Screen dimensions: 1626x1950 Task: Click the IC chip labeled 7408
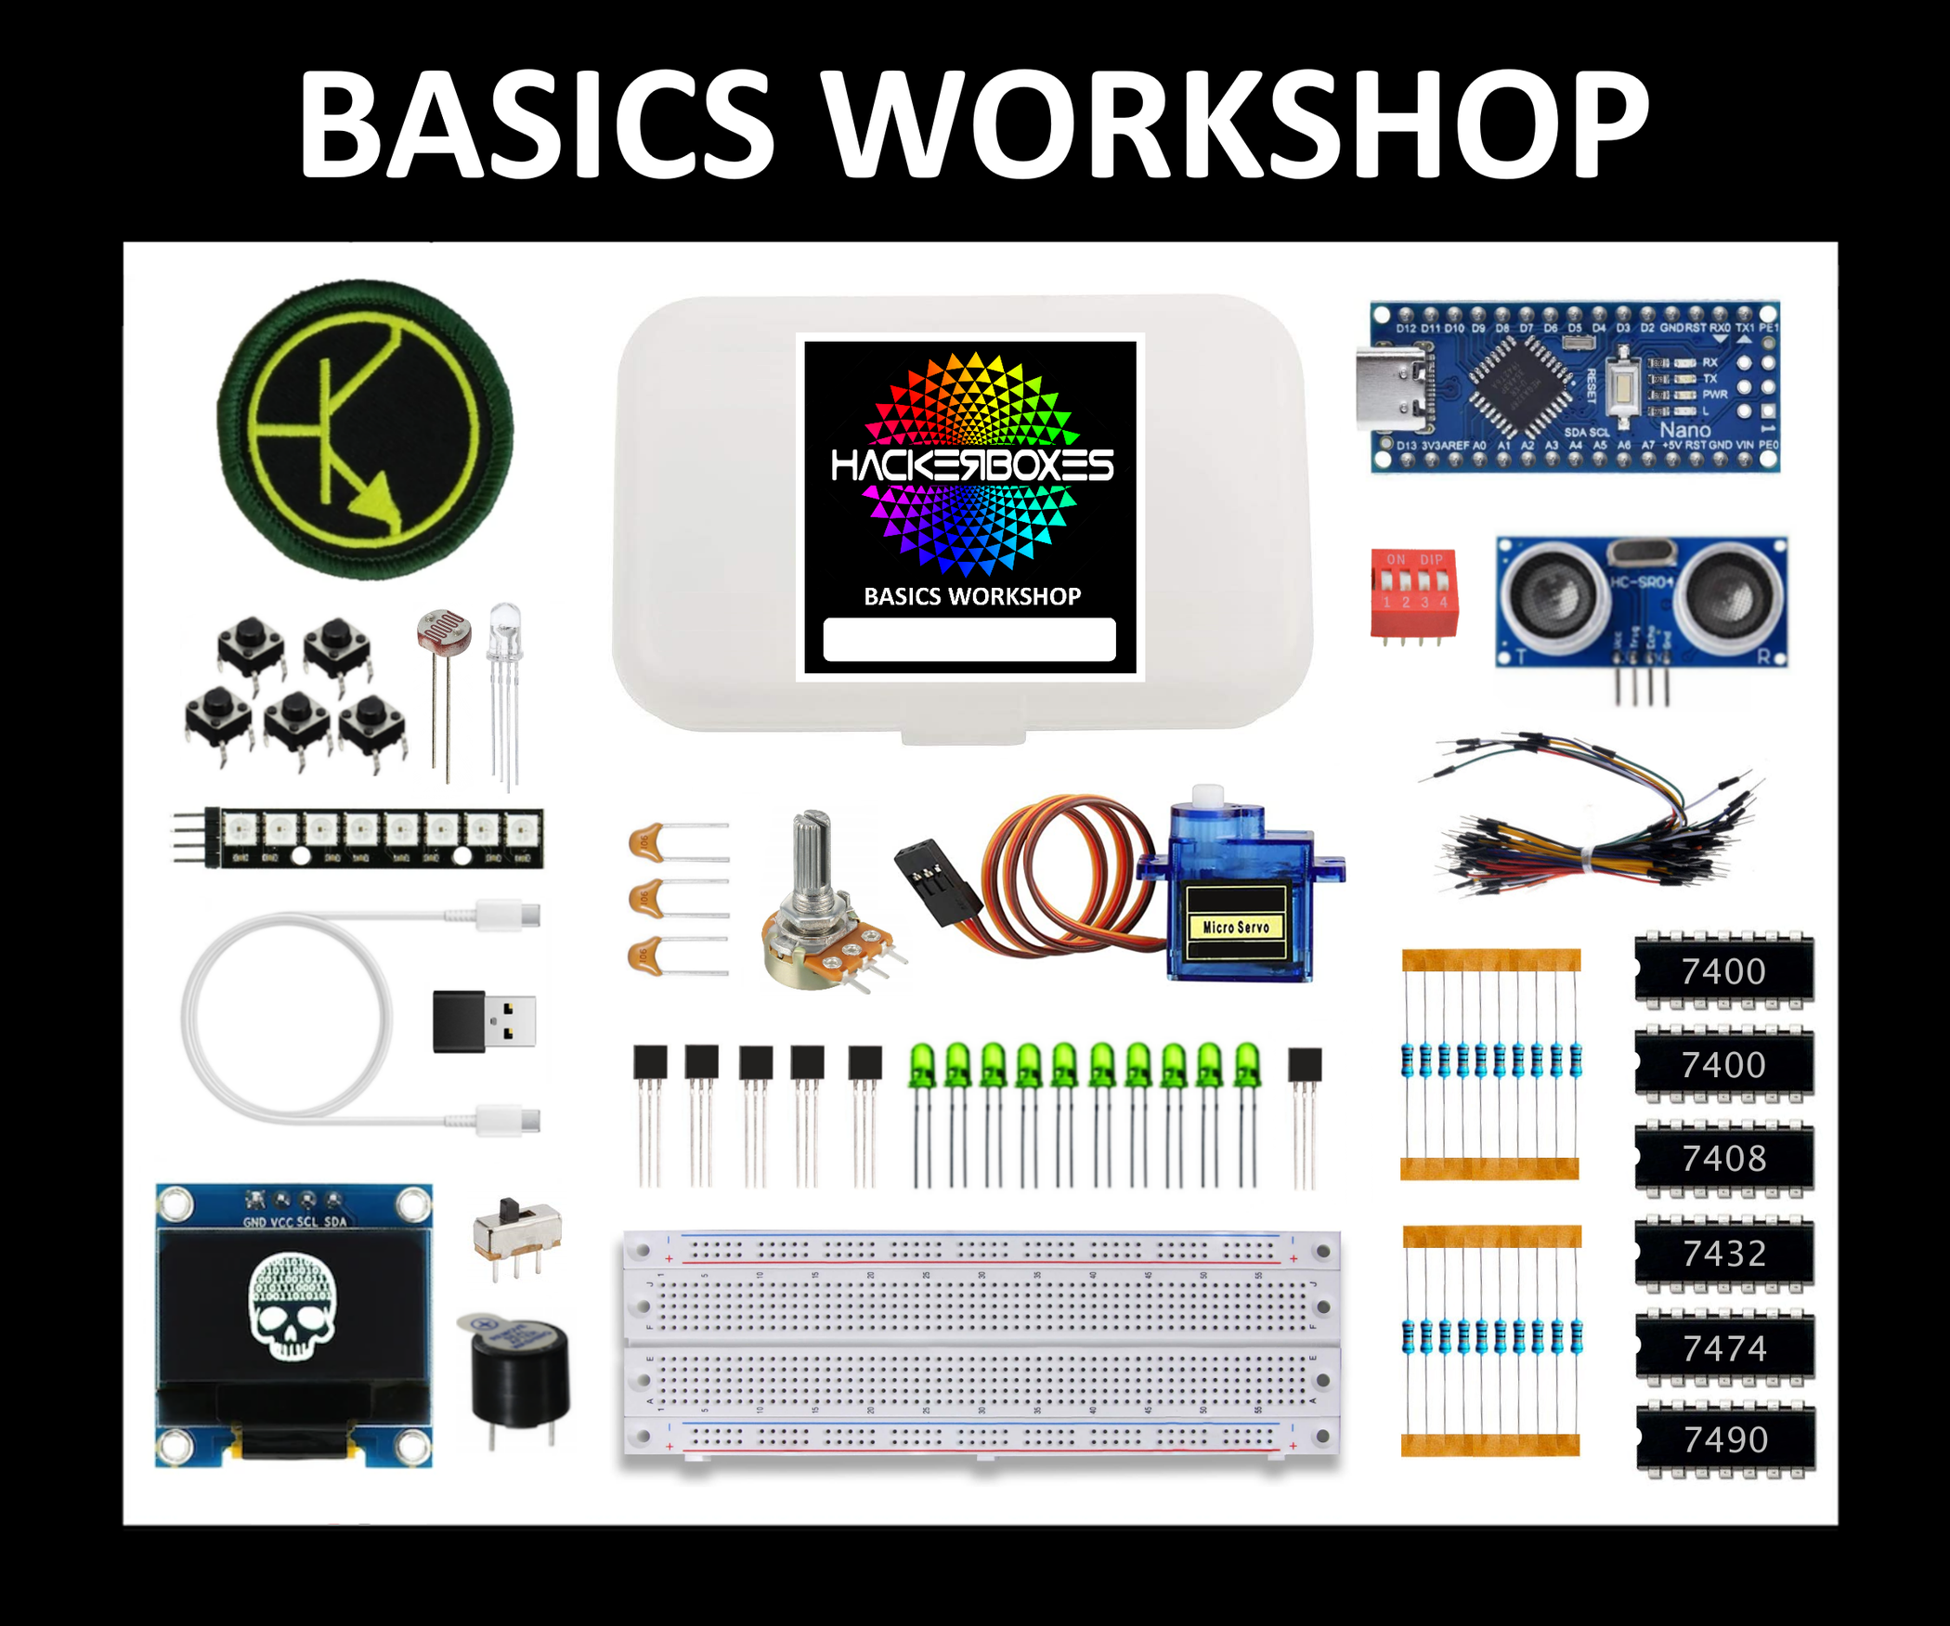point(1723,1158)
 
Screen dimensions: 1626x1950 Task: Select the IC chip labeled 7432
point(1723,1253)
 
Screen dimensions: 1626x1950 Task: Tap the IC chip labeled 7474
point(1724,1347)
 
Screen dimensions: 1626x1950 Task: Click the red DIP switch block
point(1413,593)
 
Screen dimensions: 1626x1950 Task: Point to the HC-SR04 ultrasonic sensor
point(1642,602)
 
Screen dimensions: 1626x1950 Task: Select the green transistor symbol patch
point(365,429)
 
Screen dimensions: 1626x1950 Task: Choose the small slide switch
point(516,1230)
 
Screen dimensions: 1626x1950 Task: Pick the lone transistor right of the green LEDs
point(1305,1064)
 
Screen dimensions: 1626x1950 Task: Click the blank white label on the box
point(969,639)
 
